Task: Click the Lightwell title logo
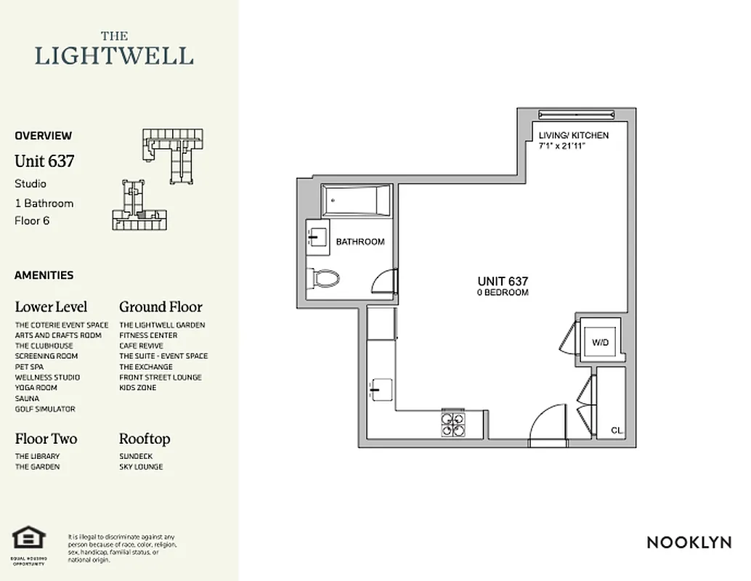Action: pyautogui.click(x=115, y=49)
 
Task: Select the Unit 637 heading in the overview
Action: pyautogui.click(x=44, y=161)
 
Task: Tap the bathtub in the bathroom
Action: pyautogui.click(x=356, y=200)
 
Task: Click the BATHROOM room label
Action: pyautogui.click(x=360, y=242)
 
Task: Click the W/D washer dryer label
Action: pyautogui.click(x=600, y=341)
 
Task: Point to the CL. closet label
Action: pyautogui.click(x=617, y=431)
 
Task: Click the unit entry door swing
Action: pyautogui.click(x=546, y=423)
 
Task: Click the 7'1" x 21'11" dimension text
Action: pyautogui.click(x=562, y=146)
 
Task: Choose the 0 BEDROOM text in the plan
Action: pyautogui.click(x=503, y=293)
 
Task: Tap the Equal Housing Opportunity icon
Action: pyautogui.click(x=29, y=540)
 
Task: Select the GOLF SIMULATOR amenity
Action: pyautogui.click(x=45, y=409)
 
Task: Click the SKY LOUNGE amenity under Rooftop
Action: pyautogui.click(x=141, y=467)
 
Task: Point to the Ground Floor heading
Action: pyautogui.click(x=161, y=306)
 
